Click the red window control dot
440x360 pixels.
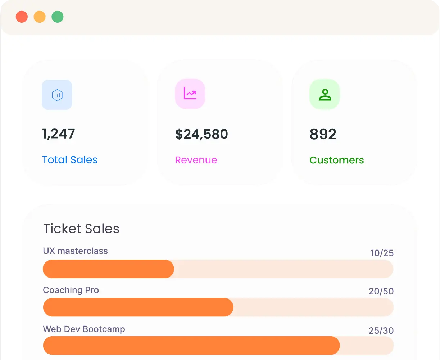[x=22, y=17]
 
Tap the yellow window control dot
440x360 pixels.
[x=40, y=17]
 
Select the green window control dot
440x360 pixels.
[x=58, y=17]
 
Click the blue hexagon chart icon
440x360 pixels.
[x=57, y=95]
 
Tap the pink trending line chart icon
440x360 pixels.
[x=190, y=94]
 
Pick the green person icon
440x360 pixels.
[x=325, y=95]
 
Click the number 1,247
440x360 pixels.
[x=59, y=134]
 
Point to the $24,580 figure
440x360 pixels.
[x=201, y=134]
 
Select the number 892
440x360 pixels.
[x=323, y=134]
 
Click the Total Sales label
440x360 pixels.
[x=70, y=160]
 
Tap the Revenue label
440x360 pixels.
[x=196, y=160]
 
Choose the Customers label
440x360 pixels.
[x=336, y=160]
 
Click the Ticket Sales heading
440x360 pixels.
[x=81, y=229]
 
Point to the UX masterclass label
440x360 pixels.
[x=75, y=251]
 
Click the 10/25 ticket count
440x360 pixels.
[x=382, y=253]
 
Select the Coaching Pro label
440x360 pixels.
[x=71, y=290]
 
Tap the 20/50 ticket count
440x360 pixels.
[x=381, y=291]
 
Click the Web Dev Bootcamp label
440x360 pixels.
[x=84, y=329]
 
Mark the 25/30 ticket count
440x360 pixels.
[x=381, y=330]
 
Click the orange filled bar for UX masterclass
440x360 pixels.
[x=108, y=269]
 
